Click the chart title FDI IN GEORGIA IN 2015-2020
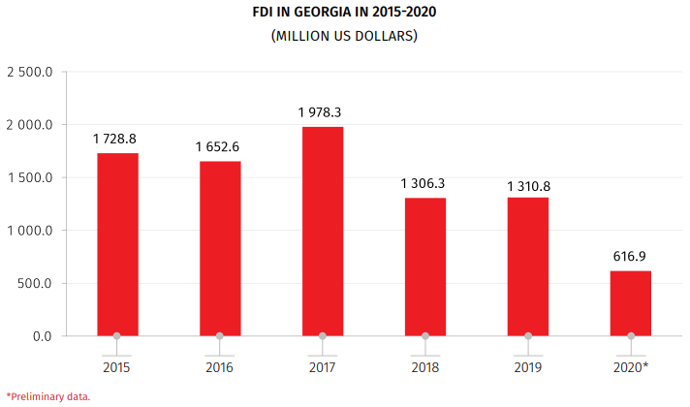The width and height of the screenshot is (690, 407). coord(344,15)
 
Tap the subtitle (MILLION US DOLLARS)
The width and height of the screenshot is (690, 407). coord(344,37)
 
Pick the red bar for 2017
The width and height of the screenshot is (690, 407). coord(323,232)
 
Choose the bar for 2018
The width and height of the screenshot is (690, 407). coord(425,266)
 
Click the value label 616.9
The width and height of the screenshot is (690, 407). coord(630,256)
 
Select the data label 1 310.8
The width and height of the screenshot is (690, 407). coord(528,183)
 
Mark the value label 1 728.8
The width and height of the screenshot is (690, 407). coord(115,139)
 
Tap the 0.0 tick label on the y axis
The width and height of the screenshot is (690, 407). coord(42,336)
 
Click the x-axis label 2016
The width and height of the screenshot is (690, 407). coord(219,367)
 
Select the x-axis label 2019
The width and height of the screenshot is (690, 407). coord(528,367)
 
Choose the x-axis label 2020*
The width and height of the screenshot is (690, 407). coord(632,367)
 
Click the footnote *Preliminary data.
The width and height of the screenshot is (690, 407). coord(47,396)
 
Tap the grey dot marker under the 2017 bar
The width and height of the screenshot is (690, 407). coord(323,337)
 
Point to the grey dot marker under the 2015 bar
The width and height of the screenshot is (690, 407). coord(117,337)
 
